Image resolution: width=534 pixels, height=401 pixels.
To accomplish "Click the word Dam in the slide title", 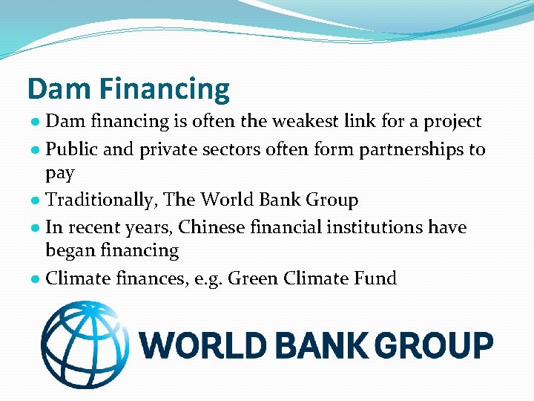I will (x=59, y=89).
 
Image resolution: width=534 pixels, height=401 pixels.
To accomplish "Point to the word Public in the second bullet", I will (x=69, y=149).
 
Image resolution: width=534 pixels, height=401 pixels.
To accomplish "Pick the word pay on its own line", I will (x=60, y=175).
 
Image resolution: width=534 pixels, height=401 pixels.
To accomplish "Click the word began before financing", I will (x=68, y=252).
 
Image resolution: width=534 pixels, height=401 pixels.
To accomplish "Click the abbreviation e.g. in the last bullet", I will (x=202, y=279).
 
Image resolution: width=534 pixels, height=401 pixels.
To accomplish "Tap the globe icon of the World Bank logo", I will (x=84, y=345).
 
